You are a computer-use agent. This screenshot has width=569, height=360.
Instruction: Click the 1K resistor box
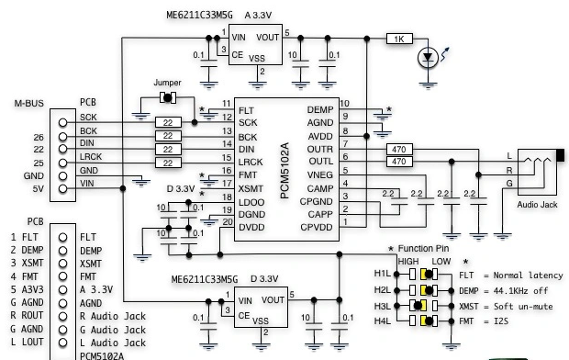tap(399, 39)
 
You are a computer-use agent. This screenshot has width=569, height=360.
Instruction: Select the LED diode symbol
tap(428, 58)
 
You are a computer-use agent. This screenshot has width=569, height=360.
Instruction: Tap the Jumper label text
tap(167, 83)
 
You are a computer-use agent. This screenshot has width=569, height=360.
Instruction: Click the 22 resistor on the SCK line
tap(168, 122)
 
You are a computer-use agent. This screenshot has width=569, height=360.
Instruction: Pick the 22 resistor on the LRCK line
tap(168, 163)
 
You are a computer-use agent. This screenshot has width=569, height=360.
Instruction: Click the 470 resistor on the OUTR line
tap(399, 149)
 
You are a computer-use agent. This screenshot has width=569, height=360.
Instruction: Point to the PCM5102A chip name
tap(284, 171)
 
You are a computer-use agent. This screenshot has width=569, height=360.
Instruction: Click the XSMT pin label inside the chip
tap(251, 189)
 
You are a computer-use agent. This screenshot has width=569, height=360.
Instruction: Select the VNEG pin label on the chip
tap(319, 175)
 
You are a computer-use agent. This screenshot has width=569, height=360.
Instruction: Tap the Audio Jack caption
tap(537, 205)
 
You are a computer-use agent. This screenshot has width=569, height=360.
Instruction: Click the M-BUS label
tap(29, 103)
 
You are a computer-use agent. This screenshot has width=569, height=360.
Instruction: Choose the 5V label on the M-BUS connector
tap(39, 189)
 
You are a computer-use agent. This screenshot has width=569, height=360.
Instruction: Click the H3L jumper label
tap(383, 306)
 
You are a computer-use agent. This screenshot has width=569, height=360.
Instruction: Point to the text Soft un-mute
tap(523, 306)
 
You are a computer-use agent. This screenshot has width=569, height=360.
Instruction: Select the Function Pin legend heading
tap(423, 249)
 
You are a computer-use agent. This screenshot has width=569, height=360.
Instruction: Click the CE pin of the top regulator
tap(238, 55)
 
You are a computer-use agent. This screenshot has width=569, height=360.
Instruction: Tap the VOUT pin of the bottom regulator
tap(273, 300)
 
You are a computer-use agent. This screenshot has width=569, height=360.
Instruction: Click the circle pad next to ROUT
tap(62, 317)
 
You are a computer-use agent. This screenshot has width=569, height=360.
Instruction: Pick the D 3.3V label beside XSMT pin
tap(181, 189)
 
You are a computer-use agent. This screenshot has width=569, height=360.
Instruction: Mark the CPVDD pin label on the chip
tap(317, 228)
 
